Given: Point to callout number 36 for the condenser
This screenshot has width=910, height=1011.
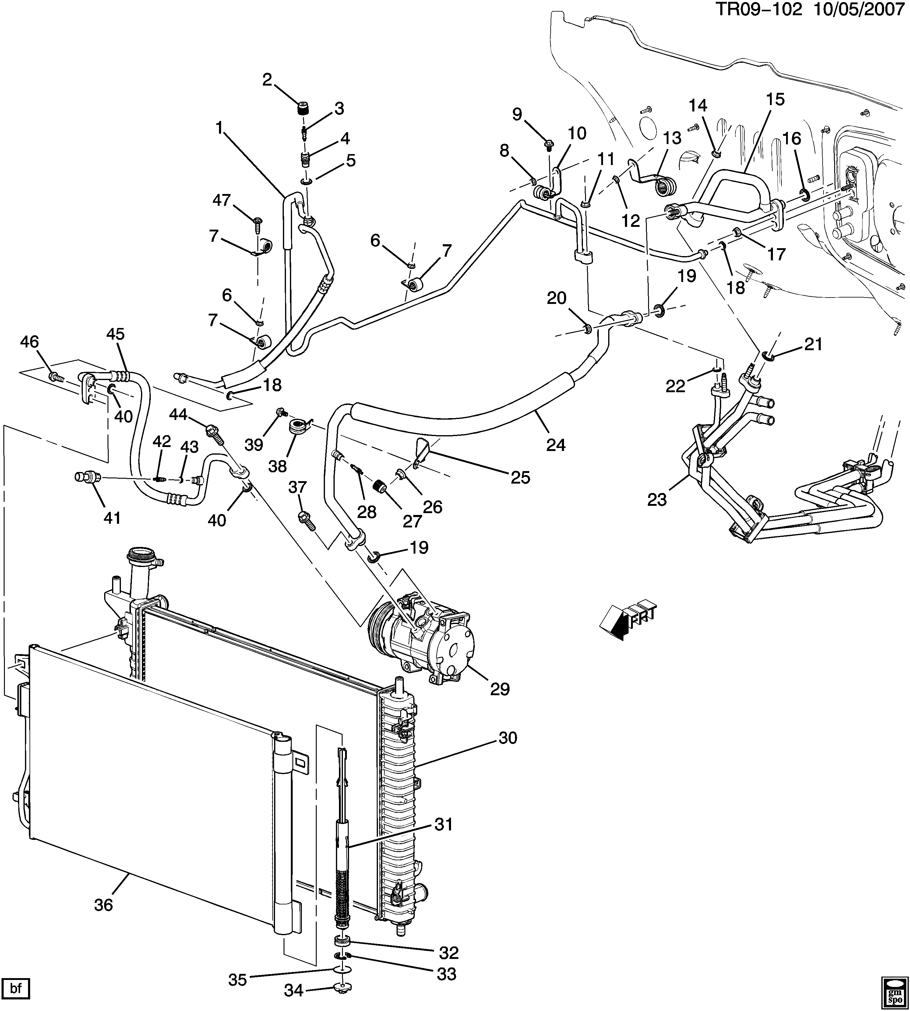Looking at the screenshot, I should [104, 904].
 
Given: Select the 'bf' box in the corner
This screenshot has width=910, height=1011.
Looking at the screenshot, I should [16, 988].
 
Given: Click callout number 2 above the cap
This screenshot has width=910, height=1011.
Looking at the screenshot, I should [267, 79].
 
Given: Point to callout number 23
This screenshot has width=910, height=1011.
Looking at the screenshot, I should [657, 499].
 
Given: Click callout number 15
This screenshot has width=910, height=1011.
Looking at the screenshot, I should [775, 99].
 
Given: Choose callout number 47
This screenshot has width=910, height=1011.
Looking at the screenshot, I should [221, 200].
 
